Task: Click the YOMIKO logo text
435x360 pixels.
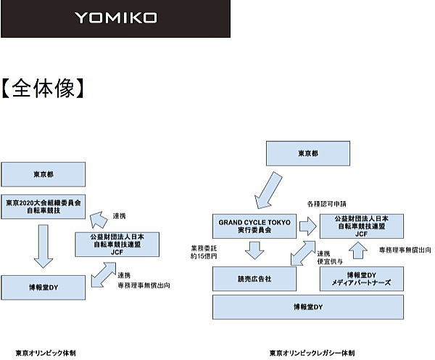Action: (x=115, y=17)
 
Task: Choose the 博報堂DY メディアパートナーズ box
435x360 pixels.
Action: (x=362, y=278)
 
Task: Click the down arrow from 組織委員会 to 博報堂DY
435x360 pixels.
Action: (x=43, y=247)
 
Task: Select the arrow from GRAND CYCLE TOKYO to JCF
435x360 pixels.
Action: (x=307, y=226)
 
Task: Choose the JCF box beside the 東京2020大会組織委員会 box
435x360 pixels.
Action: (x=117, y=243)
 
